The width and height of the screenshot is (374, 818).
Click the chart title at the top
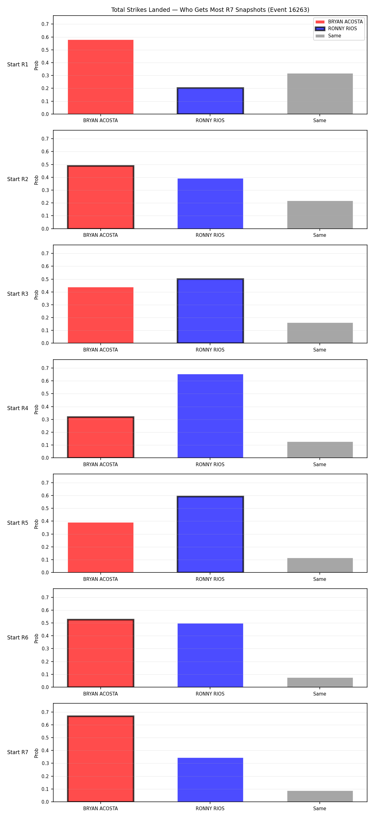tap(210, 10)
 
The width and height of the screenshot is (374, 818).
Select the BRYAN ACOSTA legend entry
tap(339, 22)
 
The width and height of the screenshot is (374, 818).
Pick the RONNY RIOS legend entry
tap(336, 29)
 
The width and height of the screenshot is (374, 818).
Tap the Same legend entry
tap(328, 36)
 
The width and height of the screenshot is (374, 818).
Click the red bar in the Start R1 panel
tap(100, 77)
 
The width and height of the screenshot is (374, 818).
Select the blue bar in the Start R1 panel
tap(210, 101)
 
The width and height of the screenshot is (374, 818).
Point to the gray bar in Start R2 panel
tap(320, 215)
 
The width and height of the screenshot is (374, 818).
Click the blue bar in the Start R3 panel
tap(210, 311)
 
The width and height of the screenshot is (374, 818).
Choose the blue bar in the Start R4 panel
tap(210, 416)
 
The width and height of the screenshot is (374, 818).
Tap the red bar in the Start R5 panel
tap(100, 548)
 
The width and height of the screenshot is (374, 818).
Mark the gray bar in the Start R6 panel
tap(320, 682)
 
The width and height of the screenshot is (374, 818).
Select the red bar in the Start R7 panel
tap(100, 759)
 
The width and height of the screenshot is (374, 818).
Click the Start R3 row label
tap(18, 294)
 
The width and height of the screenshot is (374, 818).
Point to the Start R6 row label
tap(18, 638)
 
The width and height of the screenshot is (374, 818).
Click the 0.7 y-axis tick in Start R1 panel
tap(45, 24)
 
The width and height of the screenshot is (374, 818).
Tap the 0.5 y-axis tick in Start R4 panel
tap(45, 394)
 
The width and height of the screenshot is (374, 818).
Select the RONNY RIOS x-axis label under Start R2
tap(210, 235)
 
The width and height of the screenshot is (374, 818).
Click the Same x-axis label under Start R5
tap(319, 579)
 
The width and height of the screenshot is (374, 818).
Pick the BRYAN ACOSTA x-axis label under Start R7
tap(100, 808)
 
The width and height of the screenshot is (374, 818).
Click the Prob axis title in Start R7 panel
tap(36, 753)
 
